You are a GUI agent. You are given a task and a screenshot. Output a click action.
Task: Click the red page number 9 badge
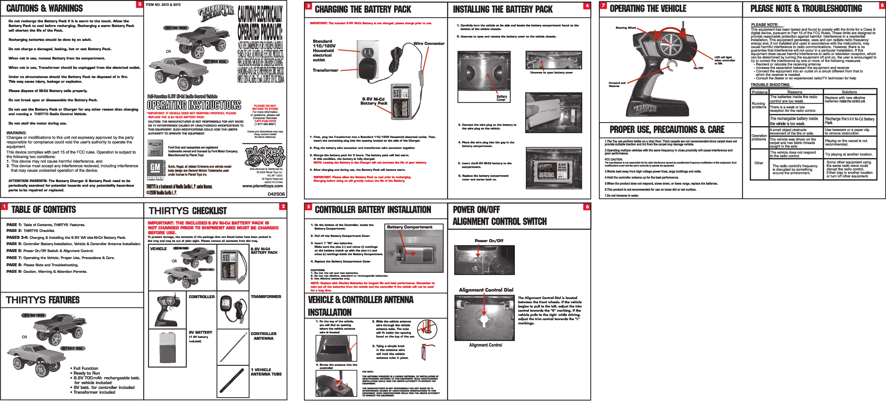click(x=139, y=4)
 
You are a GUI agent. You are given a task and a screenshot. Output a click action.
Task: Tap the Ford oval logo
click(x=155, y=144)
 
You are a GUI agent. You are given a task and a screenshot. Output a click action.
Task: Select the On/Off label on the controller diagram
click(x=698, y=68)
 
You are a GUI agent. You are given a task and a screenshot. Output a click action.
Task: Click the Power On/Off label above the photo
click(x=489, y=241)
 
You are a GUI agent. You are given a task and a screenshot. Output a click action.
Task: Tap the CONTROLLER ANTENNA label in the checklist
click(x=263, y=336)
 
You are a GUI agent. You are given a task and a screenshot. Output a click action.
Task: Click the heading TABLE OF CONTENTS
click(x=44, y=210)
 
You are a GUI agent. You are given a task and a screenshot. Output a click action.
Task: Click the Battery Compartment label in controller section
click(x=409, y=227)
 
